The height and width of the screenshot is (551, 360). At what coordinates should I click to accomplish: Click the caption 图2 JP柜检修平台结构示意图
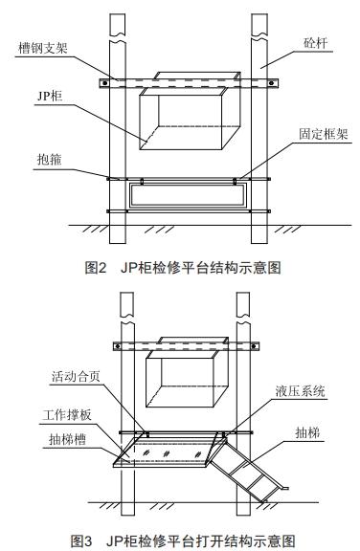(181, 268)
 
